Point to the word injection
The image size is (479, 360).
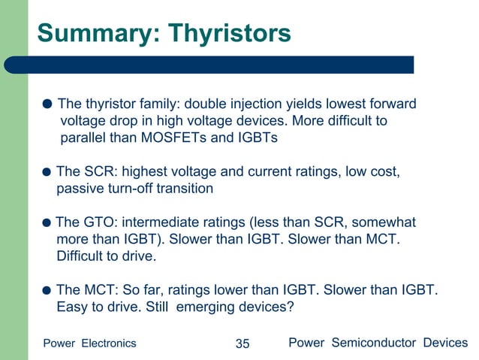point(267,104)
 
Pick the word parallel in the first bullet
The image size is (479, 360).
point(86,138)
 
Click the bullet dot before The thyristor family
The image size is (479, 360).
point(47,104)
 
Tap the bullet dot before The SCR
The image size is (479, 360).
point(47,172)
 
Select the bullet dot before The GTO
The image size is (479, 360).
point(47,223)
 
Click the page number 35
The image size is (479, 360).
point(242,343)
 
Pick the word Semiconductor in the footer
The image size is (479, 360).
point(372,343)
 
